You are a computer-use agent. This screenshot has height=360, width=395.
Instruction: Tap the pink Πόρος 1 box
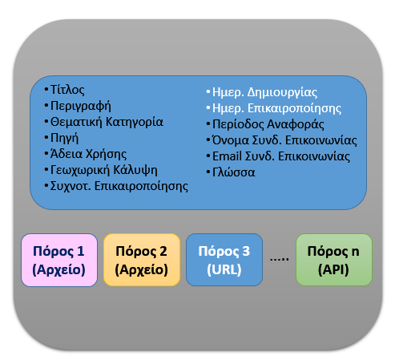click(x=59, y=260)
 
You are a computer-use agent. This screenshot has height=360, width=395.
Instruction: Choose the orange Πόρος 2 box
click(x=142, y=260)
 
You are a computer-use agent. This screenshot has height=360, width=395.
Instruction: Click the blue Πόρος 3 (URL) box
click(x=224, y=260)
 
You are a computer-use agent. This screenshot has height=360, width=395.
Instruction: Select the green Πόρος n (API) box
click(x=334, y=260)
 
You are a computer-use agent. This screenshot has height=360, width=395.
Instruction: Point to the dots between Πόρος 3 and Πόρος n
click(x=280, y=259)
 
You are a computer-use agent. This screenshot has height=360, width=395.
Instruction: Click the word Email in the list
click(x=227, y=156)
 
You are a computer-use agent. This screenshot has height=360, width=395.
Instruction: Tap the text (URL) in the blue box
click(x=224, y=269)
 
